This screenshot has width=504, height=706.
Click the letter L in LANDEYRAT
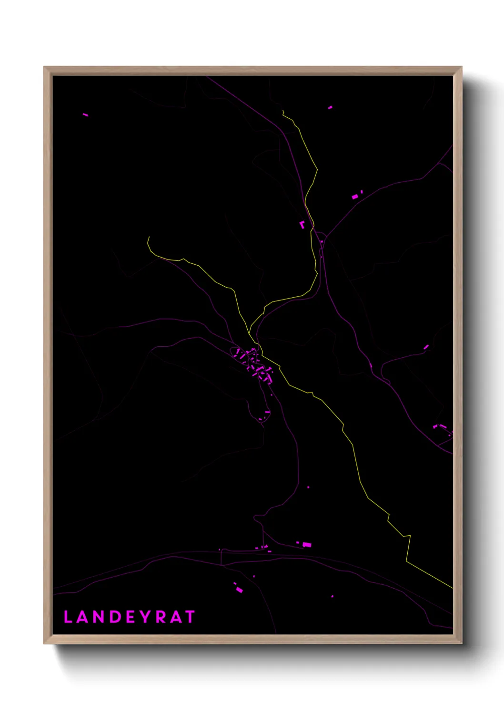coord(68,617)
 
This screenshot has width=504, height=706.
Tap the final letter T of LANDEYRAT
coord(191,617)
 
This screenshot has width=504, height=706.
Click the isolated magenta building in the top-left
coord(85,114)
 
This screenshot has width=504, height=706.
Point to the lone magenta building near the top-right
coord(330,107)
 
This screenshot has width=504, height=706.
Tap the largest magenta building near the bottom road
coord(307,544)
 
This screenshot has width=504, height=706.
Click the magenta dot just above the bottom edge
coord(332,596)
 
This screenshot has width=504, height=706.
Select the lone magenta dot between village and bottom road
coord(308,487)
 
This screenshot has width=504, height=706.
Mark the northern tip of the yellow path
coord(283,111)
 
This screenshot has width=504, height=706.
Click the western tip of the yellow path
coord(149,237)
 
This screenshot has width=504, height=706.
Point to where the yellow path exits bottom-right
coord(452,588)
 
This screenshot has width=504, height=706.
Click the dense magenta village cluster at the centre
coord(255,365)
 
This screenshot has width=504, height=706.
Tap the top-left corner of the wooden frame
coord(44,67)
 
